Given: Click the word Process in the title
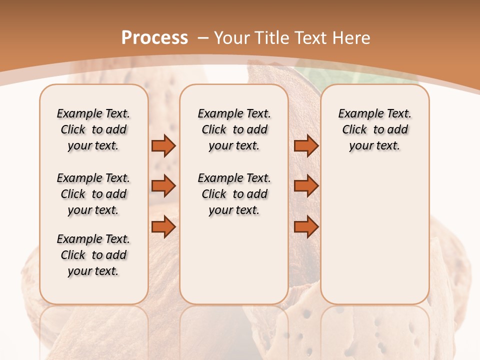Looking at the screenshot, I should (154, 37).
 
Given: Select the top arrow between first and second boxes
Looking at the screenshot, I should (163, 145).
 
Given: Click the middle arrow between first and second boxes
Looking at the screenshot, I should (163, 186).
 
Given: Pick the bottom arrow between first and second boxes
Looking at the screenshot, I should (163, 227).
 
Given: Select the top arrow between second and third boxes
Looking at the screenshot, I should (306, 145).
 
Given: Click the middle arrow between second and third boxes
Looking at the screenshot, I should (306, 186).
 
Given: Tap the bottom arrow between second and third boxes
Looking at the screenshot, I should (306, 227).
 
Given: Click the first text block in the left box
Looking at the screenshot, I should (93, 129).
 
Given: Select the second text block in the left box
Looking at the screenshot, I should (93, 194).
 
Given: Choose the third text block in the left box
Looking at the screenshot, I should (93, 255).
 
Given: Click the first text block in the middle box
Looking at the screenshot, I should (234, 129).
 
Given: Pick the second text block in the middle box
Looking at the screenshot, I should (234, 194).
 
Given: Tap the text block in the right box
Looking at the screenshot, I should (374, 129).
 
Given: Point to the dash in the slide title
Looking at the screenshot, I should (202, 37).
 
